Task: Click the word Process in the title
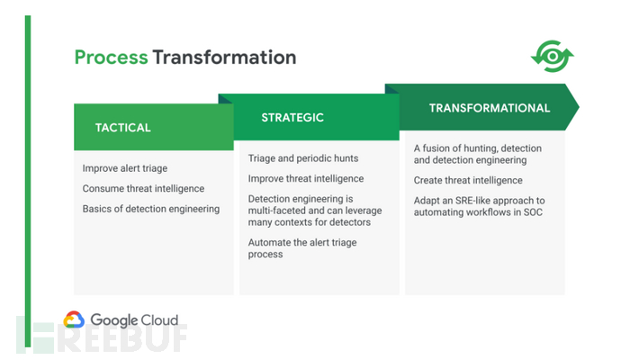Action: (x=112, y=57)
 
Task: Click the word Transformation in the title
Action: (x=225, y=57)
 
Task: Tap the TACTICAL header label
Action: (x=122, y=128)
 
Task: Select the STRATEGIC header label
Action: (x=292, y=117)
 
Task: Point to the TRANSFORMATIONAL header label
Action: (x=490, y=108)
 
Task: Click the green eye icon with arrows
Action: (x=553, y=56)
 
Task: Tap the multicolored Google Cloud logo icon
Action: (x=74, y=319)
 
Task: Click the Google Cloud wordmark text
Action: (x=134, y=320)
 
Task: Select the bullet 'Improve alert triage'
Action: (x=125, y=168)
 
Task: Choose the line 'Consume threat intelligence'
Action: (x=143, y=188)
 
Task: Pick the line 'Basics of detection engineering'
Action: (x=151, y=209)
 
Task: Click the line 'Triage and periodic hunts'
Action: (x=303, y=158)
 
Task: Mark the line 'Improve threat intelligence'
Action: (x=306, y=178)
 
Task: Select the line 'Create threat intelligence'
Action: (x=468, y=180)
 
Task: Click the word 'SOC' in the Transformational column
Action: (x=533, y=212)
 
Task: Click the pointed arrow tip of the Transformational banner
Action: (x=579, y=107)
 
